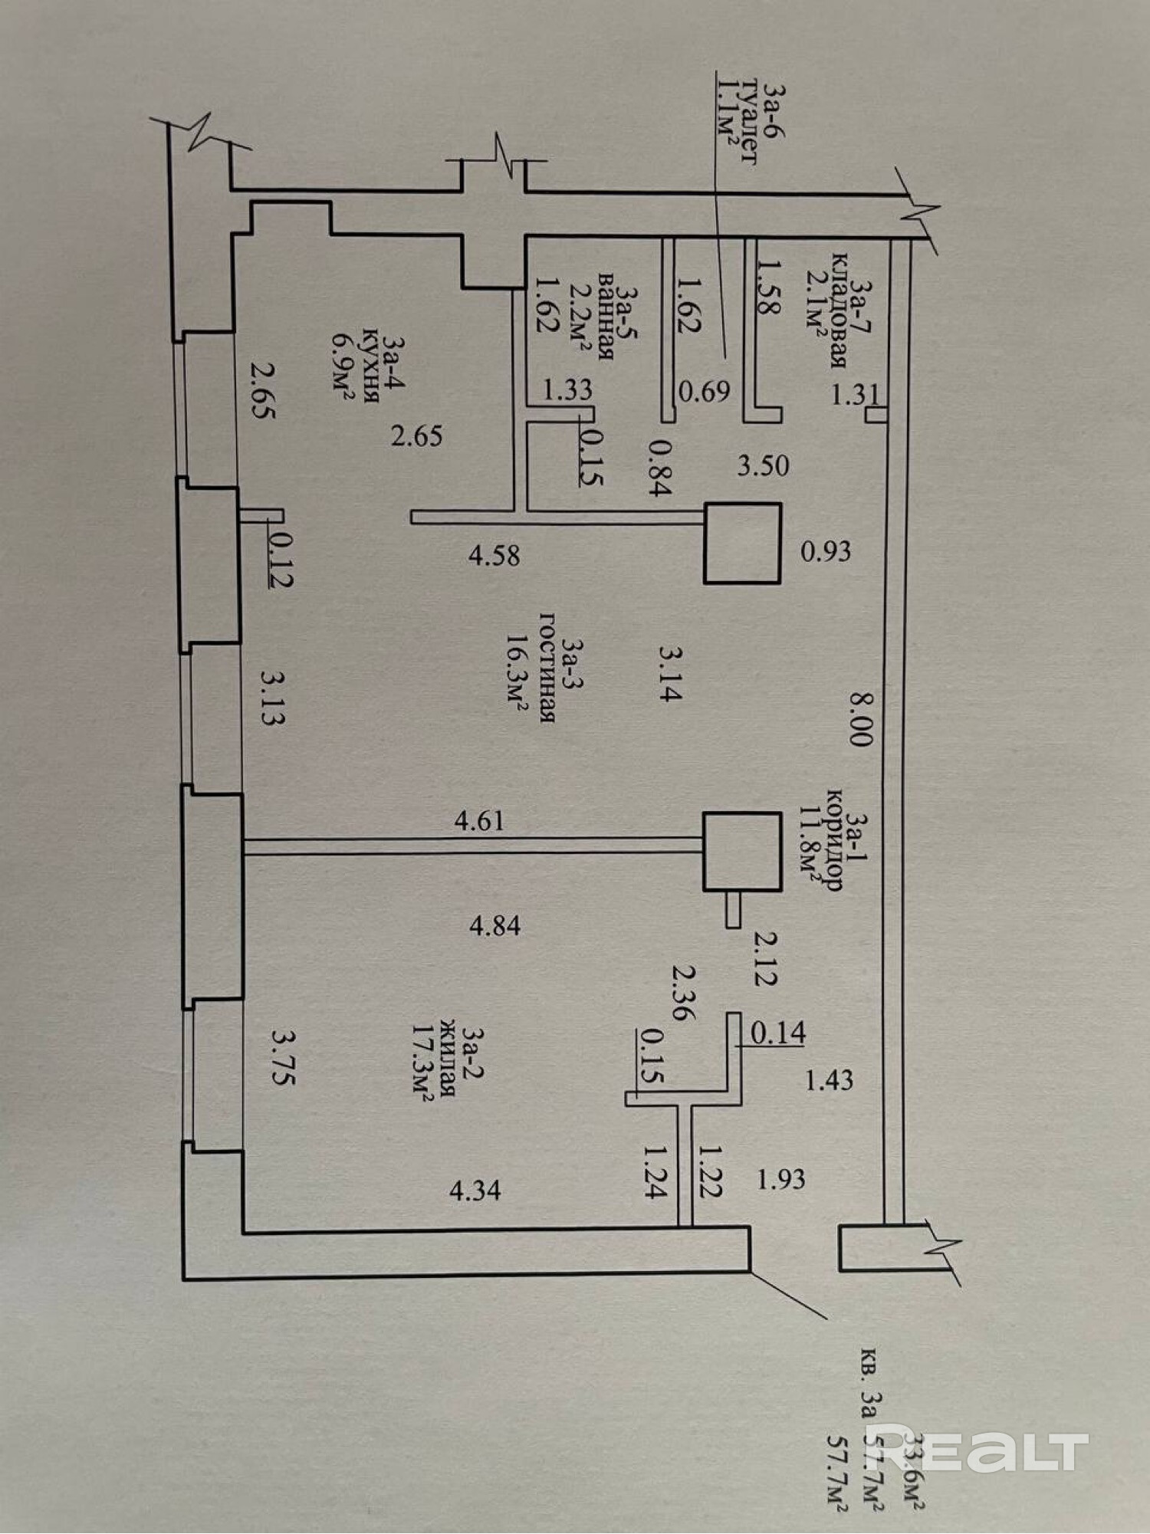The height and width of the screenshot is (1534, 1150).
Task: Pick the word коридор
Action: [833, 839]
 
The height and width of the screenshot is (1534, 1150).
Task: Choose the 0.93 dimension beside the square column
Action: [826, 551]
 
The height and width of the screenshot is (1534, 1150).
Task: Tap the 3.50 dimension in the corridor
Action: [763, 465]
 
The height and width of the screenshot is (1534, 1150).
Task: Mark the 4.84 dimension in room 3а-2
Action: [495, 926]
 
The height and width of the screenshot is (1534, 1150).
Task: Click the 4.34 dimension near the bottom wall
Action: [475, 1191]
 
